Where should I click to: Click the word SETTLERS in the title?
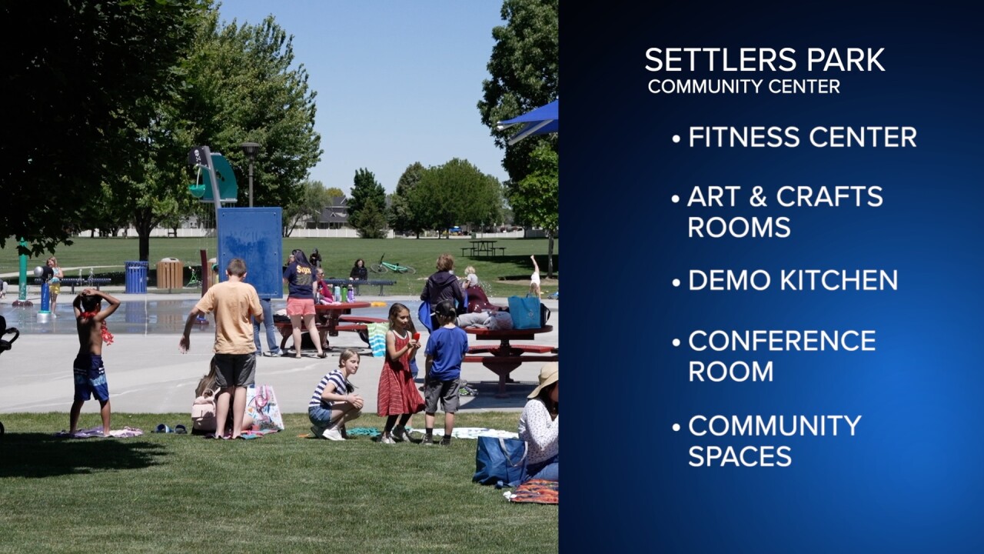pyautogui.click(x=713, y=60)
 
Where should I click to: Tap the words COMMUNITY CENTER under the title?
pyautogui.click(x=743, y=86)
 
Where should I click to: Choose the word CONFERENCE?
pyautogui.click(x=782, y=340)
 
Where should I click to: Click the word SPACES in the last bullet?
pyautogui.click(x=739, y=456)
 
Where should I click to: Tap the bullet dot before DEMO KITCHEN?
pyautogui.click(x=676, y=282)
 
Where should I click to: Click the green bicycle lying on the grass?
pyautogui.click(x=393, y=266)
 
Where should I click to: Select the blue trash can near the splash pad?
pyautogui.click(x=136, y=277)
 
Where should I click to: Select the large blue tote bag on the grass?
pyautogui.click(x=500, y=460)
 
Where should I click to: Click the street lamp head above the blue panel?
pyautogui.click(x=250, y=148)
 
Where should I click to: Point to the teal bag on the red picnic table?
pyautogui.click(x=525, y=312)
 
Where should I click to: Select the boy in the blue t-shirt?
pyautogui.click(x=444, y=369)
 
